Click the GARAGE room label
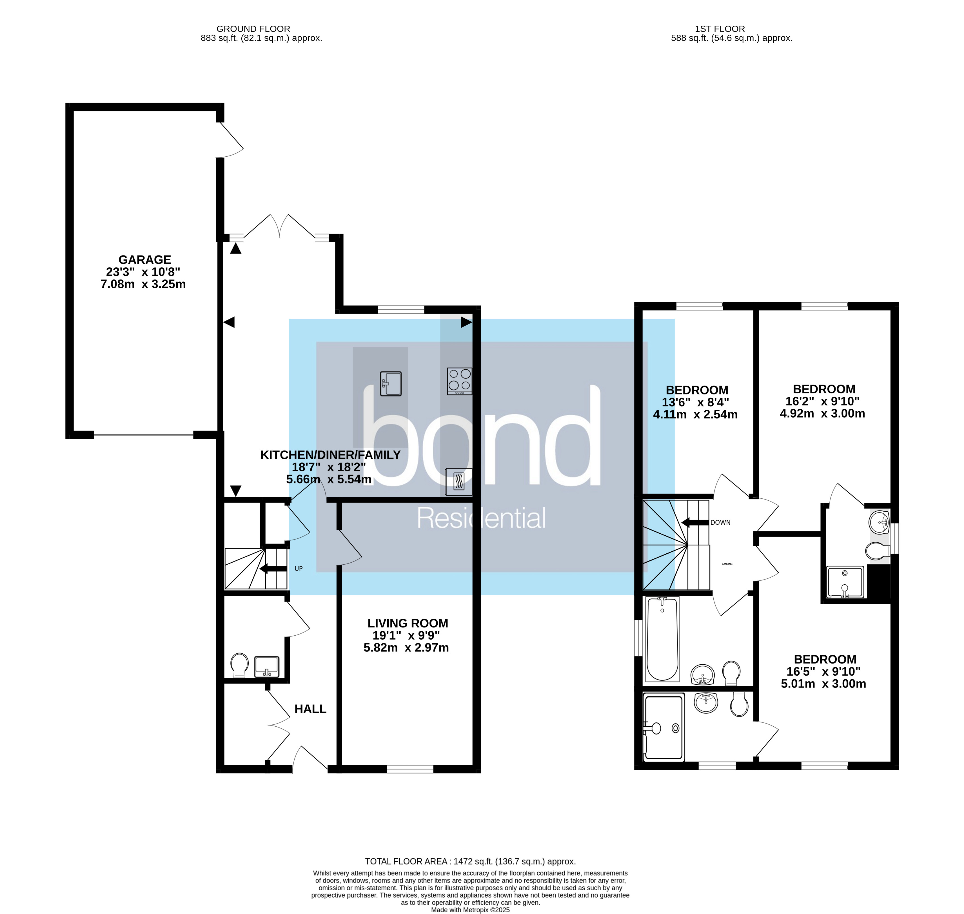click(144, 260)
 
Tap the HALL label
click(310, 709)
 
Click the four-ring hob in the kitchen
click(459, 381)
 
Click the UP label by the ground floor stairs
click(299, 568)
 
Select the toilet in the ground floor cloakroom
click(239, 665)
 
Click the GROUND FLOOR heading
click(253, 29)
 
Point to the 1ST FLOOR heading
click(720, 29)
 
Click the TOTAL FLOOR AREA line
click(470, 861)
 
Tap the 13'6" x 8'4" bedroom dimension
click(695, 402)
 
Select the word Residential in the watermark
click(481, 518)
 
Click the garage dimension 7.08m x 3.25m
click(143, 284)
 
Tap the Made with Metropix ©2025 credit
click(470, 909)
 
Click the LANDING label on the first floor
click(727, 564)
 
